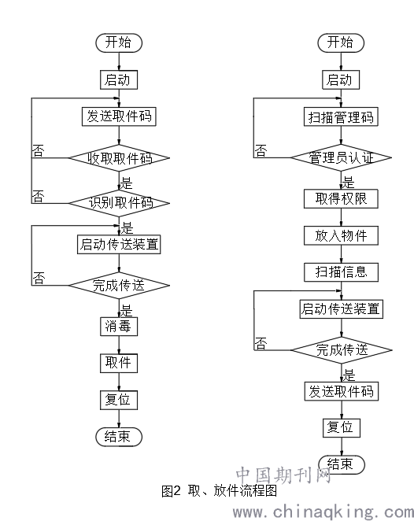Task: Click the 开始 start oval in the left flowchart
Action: (119, 42)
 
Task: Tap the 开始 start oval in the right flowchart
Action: (341, 42)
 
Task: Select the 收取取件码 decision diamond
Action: (119, 158)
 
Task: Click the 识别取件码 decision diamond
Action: (119, 203)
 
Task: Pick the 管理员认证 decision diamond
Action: (342, 157)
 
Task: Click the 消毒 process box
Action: (119, 327)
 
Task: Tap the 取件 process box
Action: (119, 363)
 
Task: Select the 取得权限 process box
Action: (341, 199)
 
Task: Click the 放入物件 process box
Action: (341, 236)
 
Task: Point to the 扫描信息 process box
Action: (341, 272)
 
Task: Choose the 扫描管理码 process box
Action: (341, 116)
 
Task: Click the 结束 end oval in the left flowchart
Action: (119, 437)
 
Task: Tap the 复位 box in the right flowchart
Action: (342, 428)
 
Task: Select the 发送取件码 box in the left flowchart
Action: (119, 116)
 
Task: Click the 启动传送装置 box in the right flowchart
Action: (342, 309)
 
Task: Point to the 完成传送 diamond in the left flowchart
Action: (119, 285)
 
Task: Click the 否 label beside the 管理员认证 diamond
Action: (261, 150)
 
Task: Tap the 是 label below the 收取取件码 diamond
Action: (126, 183)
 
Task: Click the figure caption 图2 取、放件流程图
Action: (220, 490)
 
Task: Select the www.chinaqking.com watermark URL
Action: (323, 512)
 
